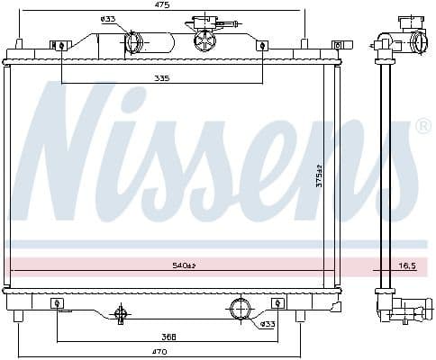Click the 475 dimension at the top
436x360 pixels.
(162, 5)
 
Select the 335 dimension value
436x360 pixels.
(162, 78)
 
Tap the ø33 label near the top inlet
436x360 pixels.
(107, 19)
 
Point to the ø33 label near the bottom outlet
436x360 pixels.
(268, 324)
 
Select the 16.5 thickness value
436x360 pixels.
(406, 265)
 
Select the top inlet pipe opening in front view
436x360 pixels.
(133, 41)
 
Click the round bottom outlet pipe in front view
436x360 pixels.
(240, 309)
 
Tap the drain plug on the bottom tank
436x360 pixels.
(120, 313)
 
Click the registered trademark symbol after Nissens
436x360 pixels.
(422, 128)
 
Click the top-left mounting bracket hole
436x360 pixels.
(61, 45)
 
